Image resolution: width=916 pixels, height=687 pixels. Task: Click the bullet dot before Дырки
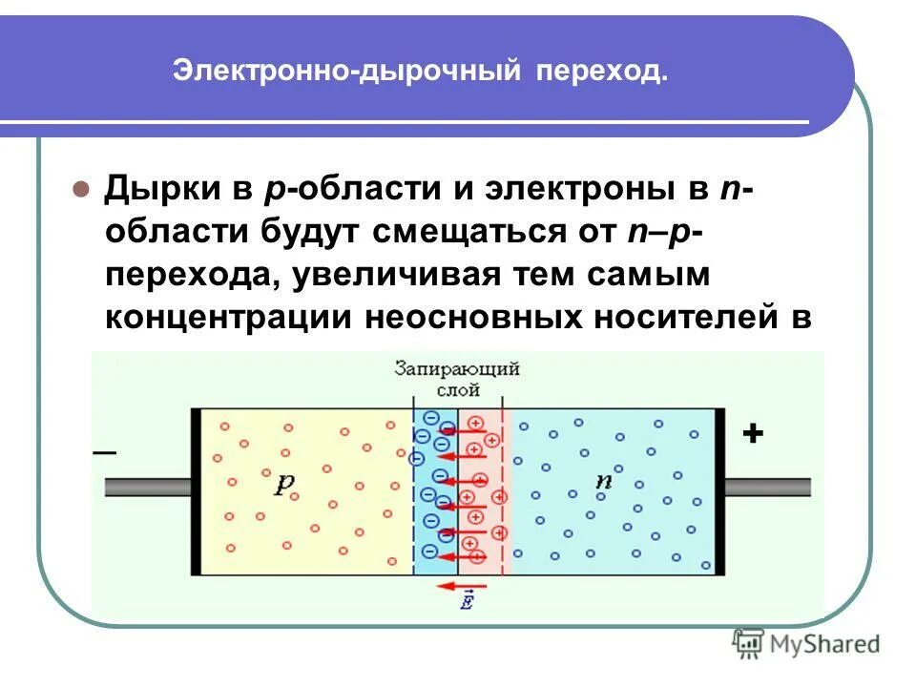click(x=81, y=187)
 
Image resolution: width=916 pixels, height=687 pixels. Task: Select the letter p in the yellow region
click(x=284, y=483)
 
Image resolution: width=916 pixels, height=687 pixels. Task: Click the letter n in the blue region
click(x=603, y=481)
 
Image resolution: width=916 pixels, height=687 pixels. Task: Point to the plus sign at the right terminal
click(x=753, y=434)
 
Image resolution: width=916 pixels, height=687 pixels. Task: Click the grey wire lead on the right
click(x=767, y=487)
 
